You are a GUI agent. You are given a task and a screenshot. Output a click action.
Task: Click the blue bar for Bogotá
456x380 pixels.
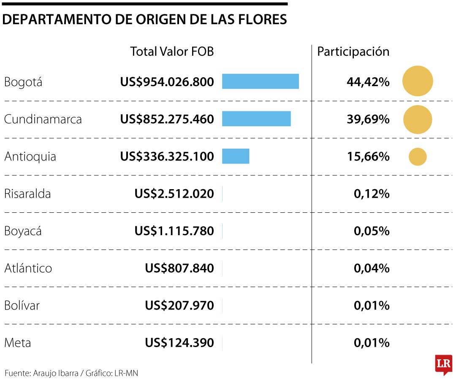tap(261, 81)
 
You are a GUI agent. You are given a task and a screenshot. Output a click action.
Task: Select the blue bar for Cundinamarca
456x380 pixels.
tap(256, 119)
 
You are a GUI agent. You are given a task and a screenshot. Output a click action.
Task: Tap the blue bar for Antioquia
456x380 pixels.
tap(236, 156)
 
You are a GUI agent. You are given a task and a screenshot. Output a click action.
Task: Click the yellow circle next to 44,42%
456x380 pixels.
tap(418, 81)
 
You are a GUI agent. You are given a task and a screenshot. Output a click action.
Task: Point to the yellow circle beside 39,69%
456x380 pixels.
tap(418, 119)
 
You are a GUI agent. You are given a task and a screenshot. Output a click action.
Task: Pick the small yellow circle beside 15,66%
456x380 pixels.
tap(418, 157)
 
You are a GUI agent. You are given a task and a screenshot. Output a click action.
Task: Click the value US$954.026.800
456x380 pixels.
tap(167, 82)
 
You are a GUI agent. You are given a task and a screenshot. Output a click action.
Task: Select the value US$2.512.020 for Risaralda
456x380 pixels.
tap(174, 194)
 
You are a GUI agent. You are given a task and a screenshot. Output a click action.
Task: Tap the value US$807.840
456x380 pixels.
tap(179, 268)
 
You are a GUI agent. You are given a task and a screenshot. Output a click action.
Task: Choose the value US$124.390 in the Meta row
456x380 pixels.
tap(179, 342)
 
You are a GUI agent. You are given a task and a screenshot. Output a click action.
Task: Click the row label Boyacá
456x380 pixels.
tap(23, 231)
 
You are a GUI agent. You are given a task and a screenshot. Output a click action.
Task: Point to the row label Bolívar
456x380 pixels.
tap(22, 305)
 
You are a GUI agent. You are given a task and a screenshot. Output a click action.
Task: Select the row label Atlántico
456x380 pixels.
tap(28, 268)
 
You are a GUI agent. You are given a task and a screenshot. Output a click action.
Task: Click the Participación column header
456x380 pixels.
tap(353, 52)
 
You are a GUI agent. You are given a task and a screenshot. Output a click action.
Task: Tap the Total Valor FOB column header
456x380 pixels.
tap(172, 52)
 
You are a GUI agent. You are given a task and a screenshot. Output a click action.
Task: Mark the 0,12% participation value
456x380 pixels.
tap(372, 194)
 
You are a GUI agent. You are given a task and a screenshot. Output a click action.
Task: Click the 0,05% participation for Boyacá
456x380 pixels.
tap(372, 231)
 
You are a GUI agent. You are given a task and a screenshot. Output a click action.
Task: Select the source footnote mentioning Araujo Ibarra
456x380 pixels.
tap(71, 373)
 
